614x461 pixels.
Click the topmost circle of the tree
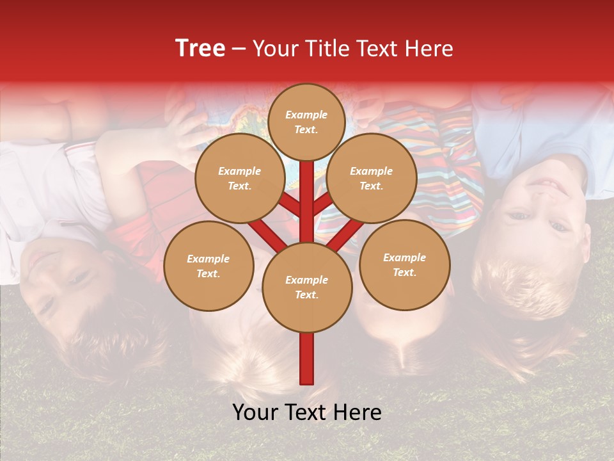[306, 122]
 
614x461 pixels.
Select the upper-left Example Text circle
[239, 179]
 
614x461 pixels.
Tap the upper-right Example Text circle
[371, 179]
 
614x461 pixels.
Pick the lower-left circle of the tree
[208, 266]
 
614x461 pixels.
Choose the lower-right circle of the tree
[404, 264]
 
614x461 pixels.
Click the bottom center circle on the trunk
[306, 287]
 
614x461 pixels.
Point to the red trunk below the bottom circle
[306, 359]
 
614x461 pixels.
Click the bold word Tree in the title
[200, 48]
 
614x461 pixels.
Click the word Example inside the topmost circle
[306, 115]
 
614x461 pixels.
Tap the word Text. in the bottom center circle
[306, 295]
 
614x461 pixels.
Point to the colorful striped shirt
[448, 160]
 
